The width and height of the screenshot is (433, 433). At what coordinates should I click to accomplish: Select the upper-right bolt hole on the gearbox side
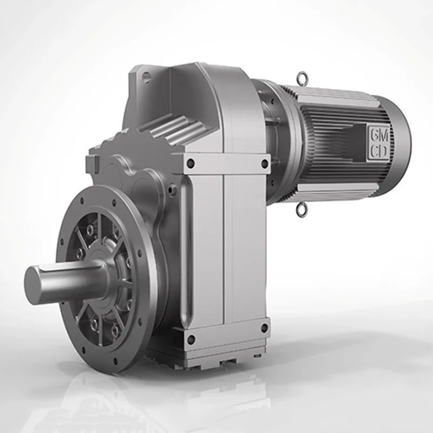click(264, 162)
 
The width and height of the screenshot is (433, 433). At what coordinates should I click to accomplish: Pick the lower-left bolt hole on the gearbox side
click(191, 339)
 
